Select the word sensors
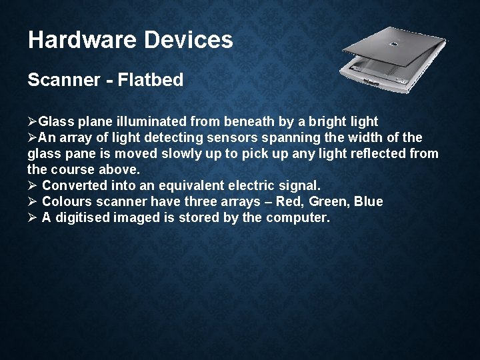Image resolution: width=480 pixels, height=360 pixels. (x=249, y=138)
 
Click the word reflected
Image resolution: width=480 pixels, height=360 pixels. (x=385, y=154)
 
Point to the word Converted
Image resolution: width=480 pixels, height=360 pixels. (x=75, y=185)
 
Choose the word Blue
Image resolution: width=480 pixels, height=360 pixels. (x=369, y=201)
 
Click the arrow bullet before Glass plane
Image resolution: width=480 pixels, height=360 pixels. (x=33, y=121)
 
